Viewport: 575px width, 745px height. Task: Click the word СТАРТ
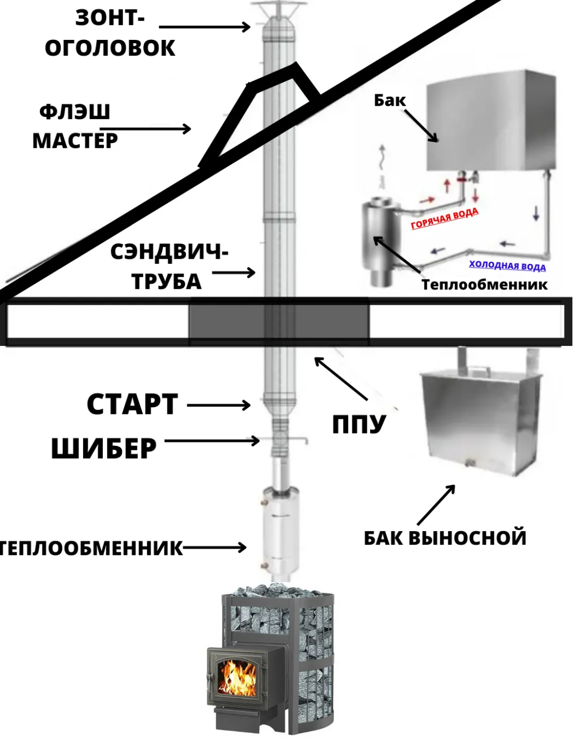tap(132, 404)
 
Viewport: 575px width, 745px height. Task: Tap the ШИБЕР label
tap(104, 449)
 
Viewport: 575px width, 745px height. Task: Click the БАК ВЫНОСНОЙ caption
tap(445, 538)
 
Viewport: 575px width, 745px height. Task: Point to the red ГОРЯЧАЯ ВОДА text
tap(445, 218)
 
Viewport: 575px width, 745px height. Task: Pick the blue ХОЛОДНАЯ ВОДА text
tap(507, 265)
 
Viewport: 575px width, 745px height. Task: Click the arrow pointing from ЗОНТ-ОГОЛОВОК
tap(204, 27)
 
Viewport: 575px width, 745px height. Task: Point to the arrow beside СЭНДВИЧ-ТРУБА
tap(234, 273)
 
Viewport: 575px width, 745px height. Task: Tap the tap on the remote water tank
tap(469, 462)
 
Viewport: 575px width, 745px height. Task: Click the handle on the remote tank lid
tap(477, 368)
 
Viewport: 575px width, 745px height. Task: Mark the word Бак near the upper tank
tap(390, 100)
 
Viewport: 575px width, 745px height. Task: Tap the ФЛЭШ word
tap(75, 112)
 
